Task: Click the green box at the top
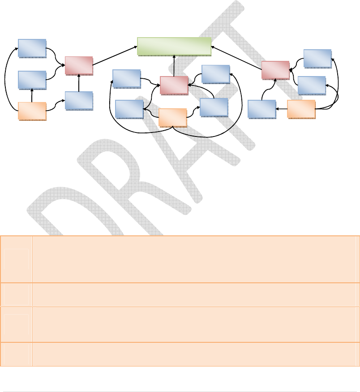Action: point(174,47)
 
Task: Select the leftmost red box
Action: point(79,65)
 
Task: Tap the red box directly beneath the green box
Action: point(174,85)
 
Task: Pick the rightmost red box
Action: point(275,70)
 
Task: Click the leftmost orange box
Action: point(32,111)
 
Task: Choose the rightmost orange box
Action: point(301,109)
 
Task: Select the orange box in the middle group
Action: point(173,117)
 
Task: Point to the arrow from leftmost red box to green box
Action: point(115,55)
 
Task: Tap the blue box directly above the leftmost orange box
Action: point(32,80)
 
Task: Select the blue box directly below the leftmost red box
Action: point(79,101)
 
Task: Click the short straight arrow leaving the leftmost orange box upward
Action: point(32,95)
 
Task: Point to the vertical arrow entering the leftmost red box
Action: point(79,83)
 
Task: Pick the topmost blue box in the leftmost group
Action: point(32,48)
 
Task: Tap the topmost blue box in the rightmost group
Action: point(317,58)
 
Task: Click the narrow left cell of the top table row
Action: point(17,259)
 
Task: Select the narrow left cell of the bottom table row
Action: point(17,354)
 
